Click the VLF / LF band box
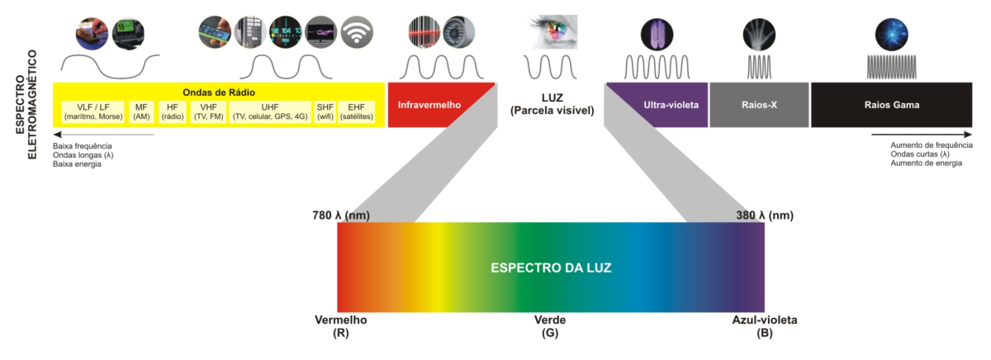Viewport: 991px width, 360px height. tap(92, 112)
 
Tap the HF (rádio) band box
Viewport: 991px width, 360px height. tap(172, 112)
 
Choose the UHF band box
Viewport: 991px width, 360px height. tap(270, 112)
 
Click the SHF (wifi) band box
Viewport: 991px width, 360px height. tap(325, 112)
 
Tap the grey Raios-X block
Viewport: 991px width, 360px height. tap(759, 106)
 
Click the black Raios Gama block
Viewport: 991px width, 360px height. tap(891, 106)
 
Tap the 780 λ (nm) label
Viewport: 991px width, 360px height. tap(340, 216)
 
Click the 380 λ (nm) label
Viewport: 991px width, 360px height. tap(764, 216)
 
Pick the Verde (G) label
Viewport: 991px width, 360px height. tap(550, 326)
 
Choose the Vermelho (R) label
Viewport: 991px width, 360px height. tap(340, 326)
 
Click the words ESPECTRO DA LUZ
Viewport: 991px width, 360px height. tap(550, 268)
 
